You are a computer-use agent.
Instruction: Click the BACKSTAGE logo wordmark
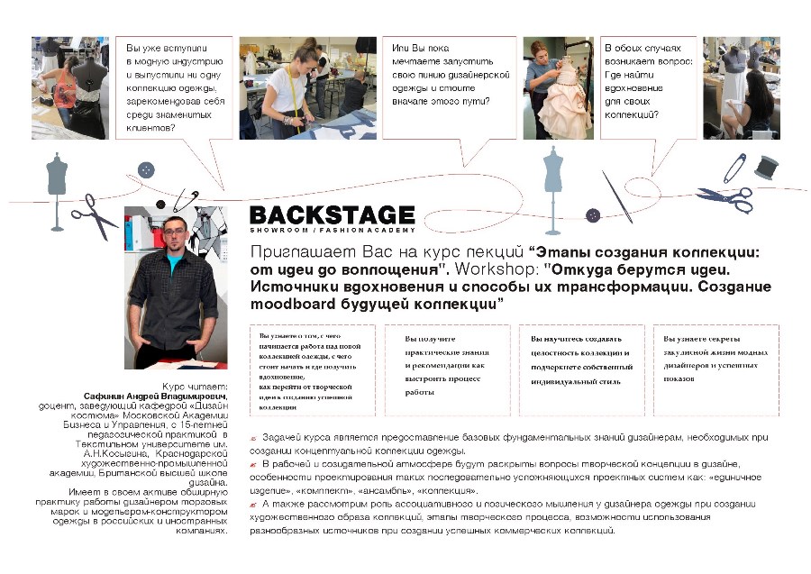[332, 215]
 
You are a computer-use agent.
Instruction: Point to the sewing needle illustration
[617, 196]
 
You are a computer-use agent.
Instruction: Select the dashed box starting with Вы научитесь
[581, 369]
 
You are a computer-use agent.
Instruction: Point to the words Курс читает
[195, 386]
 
